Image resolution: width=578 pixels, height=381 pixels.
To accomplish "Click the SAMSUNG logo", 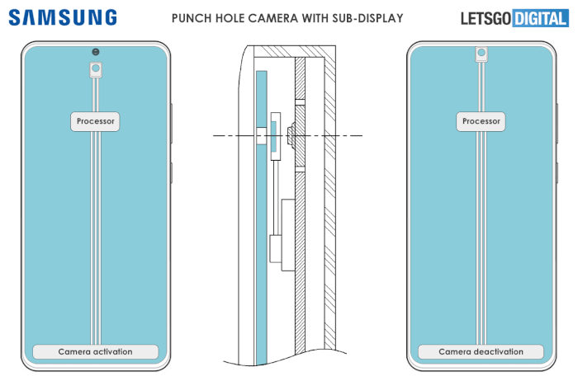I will coord(64,17).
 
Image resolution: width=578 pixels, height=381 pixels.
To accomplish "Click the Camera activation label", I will coord(96,351).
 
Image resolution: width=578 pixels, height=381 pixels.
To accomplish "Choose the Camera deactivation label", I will coord(481,351).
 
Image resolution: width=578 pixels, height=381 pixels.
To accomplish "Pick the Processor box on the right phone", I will coord(481,121).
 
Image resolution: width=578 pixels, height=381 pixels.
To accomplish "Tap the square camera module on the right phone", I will coord(481,54).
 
